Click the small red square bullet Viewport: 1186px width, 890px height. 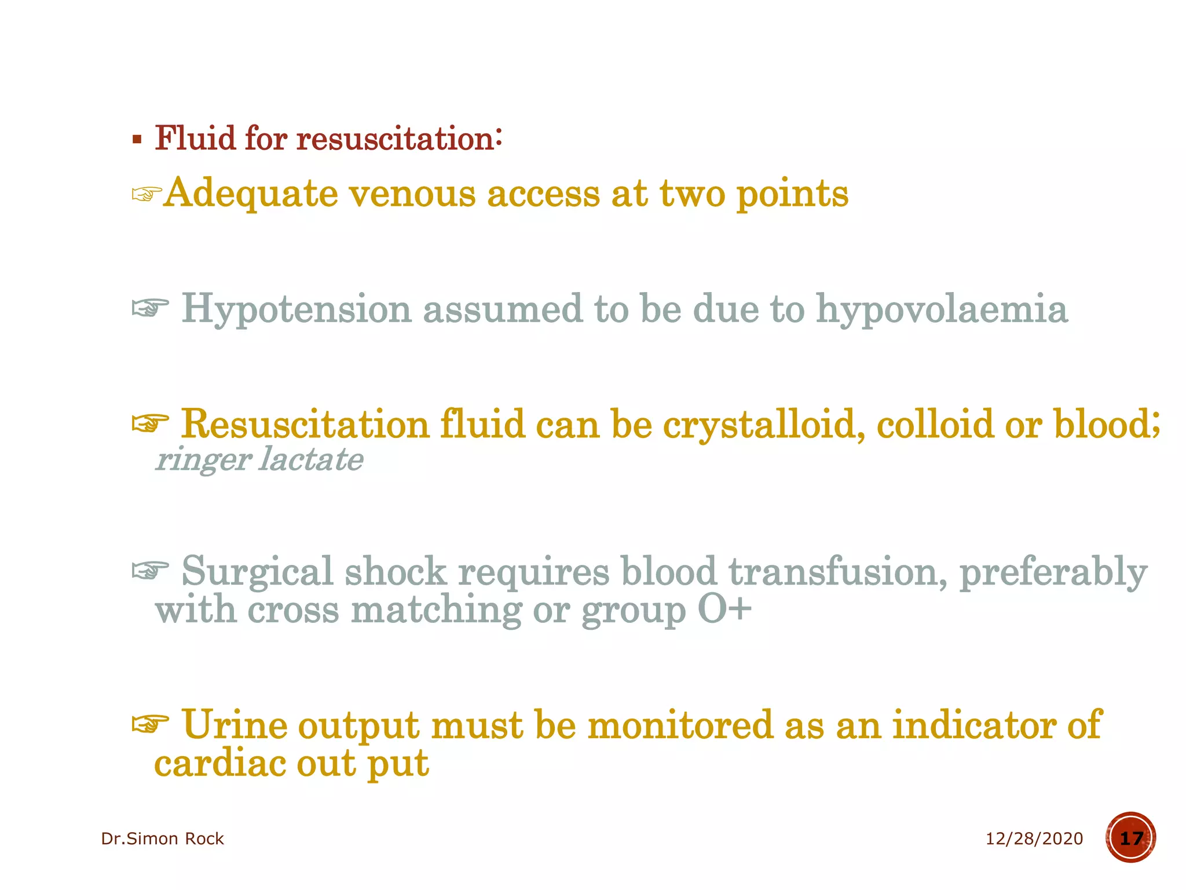tap(137, 140)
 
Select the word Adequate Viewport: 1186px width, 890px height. tap(251, 194)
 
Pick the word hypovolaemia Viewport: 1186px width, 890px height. tap(942, 309)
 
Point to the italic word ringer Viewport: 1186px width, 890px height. tap(203, 461)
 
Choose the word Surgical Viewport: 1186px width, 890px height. tap(257, 572)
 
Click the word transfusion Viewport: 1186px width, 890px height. tap(837, 572)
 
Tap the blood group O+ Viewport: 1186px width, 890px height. tap(724, 610)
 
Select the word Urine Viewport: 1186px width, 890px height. tap(235, 725)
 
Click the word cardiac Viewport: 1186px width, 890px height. tap(220, 763)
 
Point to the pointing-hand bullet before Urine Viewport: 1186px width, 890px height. tap(150, 724)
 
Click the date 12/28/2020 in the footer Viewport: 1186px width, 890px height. tap(1034, 838)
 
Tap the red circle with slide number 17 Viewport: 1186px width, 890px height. tap(1130, 838)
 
